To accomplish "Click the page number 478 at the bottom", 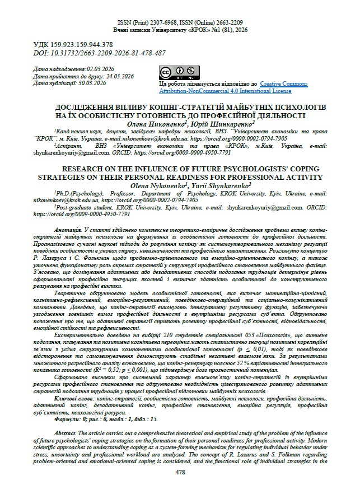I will [x=180, y=473].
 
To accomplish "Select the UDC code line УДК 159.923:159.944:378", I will [x=73, y=44].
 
